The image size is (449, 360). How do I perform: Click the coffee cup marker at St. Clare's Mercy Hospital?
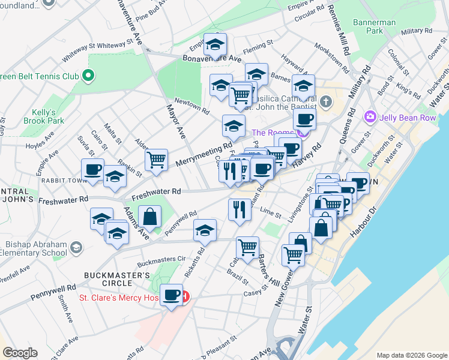pyautogui.click(x=172, y=295)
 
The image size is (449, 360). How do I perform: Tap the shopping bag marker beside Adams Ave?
pyautogui.click(x=149, y=217)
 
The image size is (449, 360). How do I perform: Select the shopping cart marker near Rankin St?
pyautogui.click(x=156, y=160)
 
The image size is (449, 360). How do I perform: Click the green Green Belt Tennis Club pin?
pyautogui.click(x=88, y=76)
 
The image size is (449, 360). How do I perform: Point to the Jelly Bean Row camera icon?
pyautogui.click(x=370, y=116)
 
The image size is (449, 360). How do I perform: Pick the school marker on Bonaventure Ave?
pyautogui.click(x=214, y=44)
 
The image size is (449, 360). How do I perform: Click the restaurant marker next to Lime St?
pyautogui.click(x=240, y=209)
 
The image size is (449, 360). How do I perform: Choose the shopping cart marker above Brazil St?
pyautogui.click(x=247, y=247)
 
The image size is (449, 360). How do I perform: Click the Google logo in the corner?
pyautogui.click(x=20, y=353)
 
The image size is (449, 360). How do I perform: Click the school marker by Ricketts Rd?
pyautogui.click(x=205, y=230)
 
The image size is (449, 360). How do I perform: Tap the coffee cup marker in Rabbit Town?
pyautogui.click(x=93, y=170)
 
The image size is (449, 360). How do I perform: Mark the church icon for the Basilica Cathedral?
pyautogui.click(x=326, y=100)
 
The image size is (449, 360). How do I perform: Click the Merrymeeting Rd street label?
pyautogui.click(x=203, y=154)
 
